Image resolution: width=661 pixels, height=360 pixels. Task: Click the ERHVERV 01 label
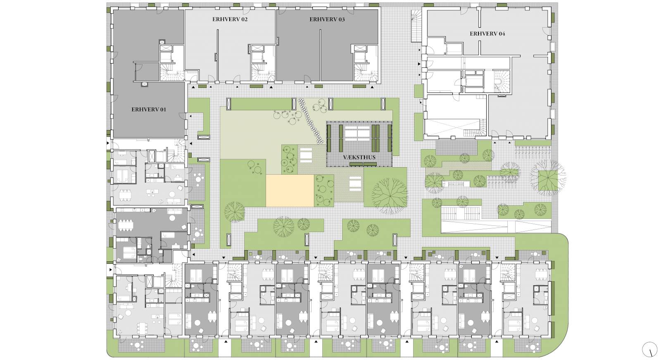149,109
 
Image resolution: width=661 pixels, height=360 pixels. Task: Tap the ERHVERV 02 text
230,19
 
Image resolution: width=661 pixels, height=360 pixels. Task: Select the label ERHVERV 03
327,19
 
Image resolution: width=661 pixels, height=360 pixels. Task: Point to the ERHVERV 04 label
487,33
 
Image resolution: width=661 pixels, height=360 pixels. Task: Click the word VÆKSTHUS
359,157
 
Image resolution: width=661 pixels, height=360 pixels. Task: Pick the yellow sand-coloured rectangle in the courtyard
290,191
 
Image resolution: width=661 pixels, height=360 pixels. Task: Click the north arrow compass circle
649,350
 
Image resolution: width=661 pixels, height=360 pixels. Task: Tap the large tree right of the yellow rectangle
390,195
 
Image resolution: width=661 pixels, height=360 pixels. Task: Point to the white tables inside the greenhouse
357,133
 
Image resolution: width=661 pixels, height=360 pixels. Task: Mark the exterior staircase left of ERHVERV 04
416,26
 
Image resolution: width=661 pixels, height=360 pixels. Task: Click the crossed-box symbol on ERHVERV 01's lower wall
144,84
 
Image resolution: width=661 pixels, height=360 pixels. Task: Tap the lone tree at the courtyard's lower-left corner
234,212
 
